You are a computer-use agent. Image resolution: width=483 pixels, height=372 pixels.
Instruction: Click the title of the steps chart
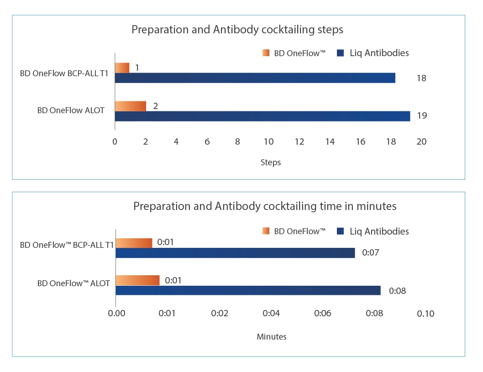coord(237,30)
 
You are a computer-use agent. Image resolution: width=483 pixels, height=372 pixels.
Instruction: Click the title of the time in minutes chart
coord(265,206)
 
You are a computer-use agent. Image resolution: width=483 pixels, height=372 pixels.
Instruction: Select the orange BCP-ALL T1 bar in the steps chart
coord(122,68)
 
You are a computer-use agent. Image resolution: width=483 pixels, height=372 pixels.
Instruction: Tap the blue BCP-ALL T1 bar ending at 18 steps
coord(255,78)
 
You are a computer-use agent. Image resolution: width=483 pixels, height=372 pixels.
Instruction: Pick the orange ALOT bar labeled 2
coord(130,106)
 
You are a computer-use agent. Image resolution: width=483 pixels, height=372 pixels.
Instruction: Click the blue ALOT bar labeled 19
coord(262,116)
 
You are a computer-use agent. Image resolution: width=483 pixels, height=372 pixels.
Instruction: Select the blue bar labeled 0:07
coord(235,253)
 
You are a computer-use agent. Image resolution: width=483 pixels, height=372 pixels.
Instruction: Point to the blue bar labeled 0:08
coord(248,290)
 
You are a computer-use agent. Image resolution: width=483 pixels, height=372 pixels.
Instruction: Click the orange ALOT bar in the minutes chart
coord(137,280)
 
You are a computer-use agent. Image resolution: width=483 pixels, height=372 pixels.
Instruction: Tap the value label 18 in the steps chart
coord(421,78)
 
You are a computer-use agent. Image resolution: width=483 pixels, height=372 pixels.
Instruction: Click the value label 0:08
coord(397,290)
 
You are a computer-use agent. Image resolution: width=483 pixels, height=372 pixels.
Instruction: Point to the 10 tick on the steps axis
coord(268,142)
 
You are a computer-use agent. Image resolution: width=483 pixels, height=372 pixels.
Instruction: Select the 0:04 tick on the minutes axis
coord(271,314)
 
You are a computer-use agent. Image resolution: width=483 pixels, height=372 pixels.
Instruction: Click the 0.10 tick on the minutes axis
coord(426,314)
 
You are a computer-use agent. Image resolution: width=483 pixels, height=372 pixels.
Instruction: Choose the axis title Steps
coord(270,162)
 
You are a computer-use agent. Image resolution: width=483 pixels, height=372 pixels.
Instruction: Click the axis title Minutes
coord(272,337)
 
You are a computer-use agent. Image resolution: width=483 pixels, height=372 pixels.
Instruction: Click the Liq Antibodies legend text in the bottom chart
coord(379,231)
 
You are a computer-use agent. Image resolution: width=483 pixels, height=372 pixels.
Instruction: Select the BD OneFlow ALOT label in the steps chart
coord(71,110)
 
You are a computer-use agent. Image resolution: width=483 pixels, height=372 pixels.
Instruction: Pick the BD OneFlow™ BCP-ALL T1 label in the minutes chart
coord(67,245)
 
